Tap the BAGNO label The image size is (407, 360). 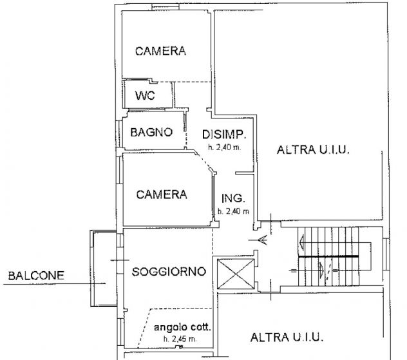coord(151,133)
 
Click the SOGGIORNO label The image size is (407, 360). coord(169,272)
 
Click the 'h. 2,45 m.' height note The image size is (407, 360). coord(180,339)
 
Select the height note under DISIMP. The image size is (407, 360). coord(224,147)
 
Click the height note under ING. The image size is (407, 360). coord(233,211)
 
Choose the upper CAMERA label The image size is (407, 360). coord(160,52)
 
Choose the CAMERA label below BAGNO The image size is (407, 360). coord(162,194)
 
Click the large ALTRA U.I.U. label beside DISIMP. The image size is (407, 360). coord(312,151)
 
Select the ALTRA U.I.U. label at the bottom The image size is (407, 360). coord(287,337)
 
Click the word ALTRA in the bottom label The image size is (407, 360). coord(265,337)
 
